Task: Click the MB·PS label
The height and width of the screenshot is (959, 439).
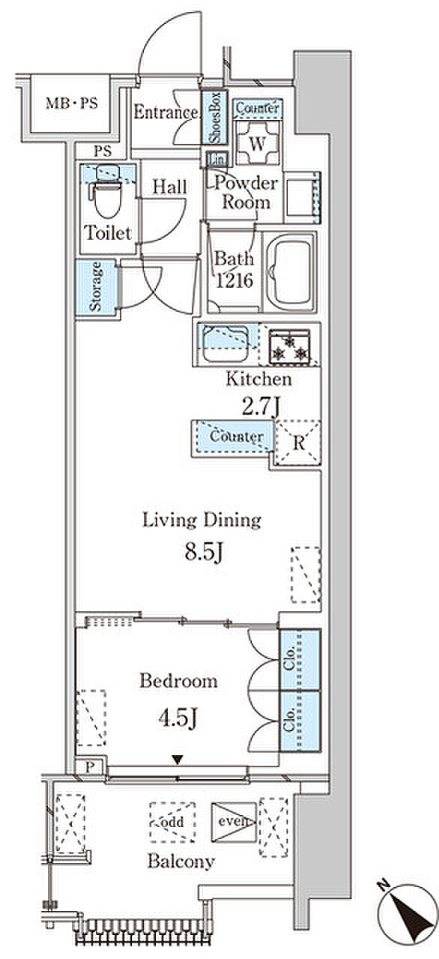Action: (x=71, y=103)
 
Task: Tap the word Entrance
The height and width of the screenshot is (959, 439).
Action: (x=166, y=112)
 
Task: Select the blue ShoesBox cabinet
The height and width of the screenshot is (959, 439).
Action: (x=214, y=118)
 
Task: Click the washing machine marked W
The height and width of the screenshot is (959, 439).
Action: (x=257, y=143)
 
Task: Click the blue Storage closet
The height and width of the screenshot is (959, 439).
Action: (x=96, y=287)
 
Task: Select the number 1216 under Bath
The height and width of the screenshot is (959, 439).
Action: (x=234, y=281)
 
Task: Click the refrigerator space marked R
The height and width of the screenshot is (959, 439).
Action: (x=298, y=442)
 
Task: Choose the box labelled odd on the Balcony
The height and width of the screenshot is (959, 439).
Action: (x=172, y=822)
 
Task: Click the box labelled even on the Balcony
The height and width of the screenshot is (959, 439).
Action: (x=234, y=822)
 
